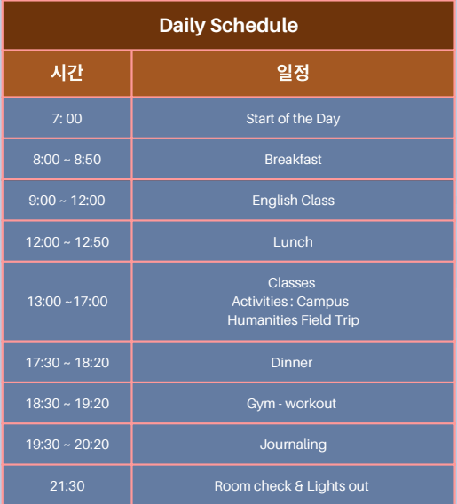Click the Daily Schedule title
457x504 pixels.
pyautogui.click(x=229, y=26)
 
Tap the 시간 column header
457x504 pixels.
pyautogui.click(x=67, y=73)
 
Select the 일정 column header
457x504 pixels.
pyautogui.click(x=293, y=73)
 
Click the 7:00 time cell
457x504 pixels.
pyautogui.click(x=67, y=119)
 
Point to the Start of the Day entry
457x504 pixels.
pyautogui.click(x=293, y=119)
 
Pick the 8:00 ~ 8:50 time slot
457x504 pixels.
pyautogui.click(x=67, y=160)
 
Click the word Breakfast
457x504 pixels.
pyautogui.click(x=293, y=160)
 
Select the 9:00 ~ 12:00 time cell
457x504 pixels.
pyautogui.click(x=67, y=201)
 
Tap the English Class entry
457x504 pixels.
pyautogui.click(x=293, y=201)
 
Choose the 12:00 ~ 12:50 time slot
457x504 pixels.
pyautogui.click(x=67, y=242)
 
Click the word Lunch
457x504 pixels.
pyautogui.click(x=293, y=242)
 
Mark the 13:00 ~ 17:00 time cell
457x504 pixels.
pyautogui.click(x=67, y=302)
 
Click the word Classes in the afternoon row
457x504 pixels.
pyautogui.click(x=291, y=283)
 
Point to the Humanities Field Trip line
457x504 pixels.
pyautogui.click(x=293, y=320)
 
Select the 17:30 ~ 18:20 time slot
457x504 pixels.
pyautogui.click(x=67, y=363)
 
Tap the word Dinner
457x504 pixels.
pyautogui.click(x=291, y=363)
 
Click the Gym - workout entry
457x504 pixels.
pyautogui.click(x=291, y=404)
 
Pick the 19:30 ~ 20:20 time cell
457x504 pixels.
pyautogui.click(x=67, y=445)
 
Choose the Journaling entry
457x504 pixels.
pyautogui.click(x=293, y=445)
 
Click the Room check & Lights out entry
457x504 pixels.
pyautogui.click(x=291, y=486)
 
